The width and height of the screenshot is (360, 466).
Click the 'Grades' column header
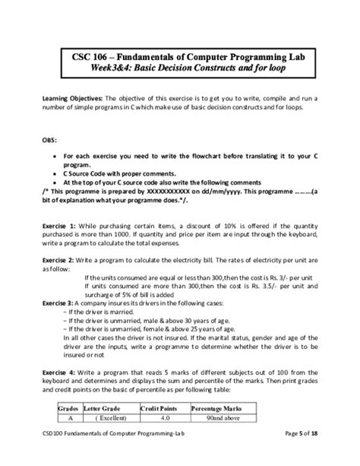point(69,409)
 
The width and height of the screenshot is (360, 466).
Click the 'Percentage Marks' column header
point(219,409)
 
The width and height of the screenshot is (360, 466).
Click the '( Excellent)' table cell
point(108,419)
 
